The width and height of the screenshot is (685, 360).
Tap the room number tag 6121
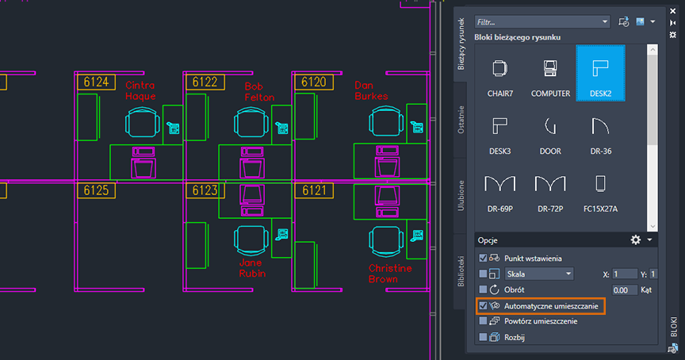pyautogui.click(x=314, y=190)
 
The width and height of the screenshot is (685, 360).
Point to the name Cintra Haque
pyautogui.click(x=141, y=90)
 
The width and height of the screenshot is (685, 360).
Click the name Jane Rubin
pyautogui.click(x=252, y=267)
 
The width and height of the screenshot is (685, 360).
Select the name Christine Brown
pyautogui.click(x=390, y=274)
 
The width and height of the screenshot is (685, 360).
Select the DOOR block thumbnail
pyautogui.click(x=550, y=130)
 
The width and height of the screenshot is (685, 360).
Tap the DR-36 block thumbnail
pyautogui.click(x=600, y=130)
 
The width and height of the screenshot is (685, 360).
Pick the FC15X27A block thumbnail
pyautogui.click(x=600, y=190)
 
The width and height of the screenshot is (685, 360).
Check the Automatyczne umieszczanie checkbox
pyautogui.click(x=484, y=305)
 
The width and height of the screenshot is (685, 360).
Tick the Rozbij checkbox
pyautogui.click(x=484, y=337)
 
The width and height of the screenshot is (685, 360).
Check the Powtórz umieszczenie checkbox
pyautogui.click(x=484, y=321)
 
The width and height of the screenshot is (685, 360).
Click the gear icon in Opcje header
pyautogui.click(x=635, y=239)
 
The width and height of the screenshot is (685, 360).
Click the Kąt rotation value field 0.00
pyautogui.click(x=624, y=289)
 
